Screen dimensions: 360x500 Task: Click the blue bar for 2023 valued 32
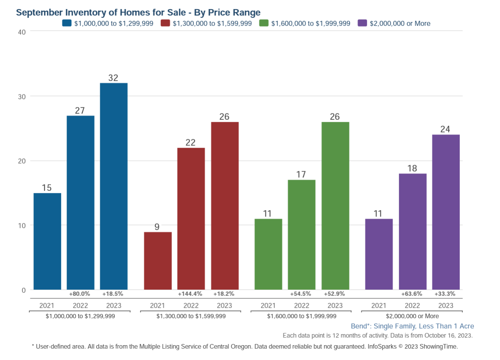pyautogui.click(x=114, y=186)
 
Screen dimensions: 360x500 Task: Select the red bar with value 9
pyautogui.click(x=158, y=261)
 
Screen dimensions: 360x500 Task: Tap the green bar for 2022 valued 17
pyautogui.click(x=302, y=234)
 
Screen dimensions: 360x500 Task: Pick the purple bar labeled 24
pyautogui.click(x=446, y=212)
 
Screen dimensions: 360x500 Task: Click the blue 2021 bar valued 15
pyautogui.click(x=47, y=241)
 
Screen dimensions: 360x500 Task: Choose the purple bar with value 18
pyautogui.click(x=413, y=231)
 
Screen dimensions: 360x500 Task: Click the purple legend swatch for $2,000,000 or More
pyautogui.click(x=362, y=23)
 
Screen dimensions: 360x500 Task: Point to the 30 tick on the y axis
pyautogui.click(x=22, y=97)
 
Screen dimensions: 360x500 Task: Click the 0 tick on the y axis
pyautogui.click(x=24, y=290)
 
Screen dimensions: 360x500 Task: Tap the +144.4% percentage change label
pyautogui.click(x=190, y=294)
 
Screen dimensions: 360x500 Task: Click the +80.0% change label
pyautogui.click(x=79, y=294)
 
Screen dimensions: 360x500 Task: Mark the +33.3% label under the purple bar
pyautogui.click(x=445, y=294)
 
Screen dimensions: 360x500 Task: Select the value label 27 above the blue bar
pyautogui.click(x=80, y=111)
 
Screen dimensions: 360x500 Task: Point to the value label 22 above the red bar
pyautogui.click(x=190, y=143)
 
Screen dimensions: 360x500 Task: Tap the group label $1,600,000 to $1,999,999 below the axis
pyautogui.click(x=302, y=316)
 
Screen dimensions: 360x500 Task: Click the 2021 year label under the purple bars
pyautogui.click(x=379, y=306)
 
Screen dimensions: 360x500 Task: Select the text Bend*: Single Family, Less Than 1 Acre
pyautogui.click(x=412, y=326)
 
